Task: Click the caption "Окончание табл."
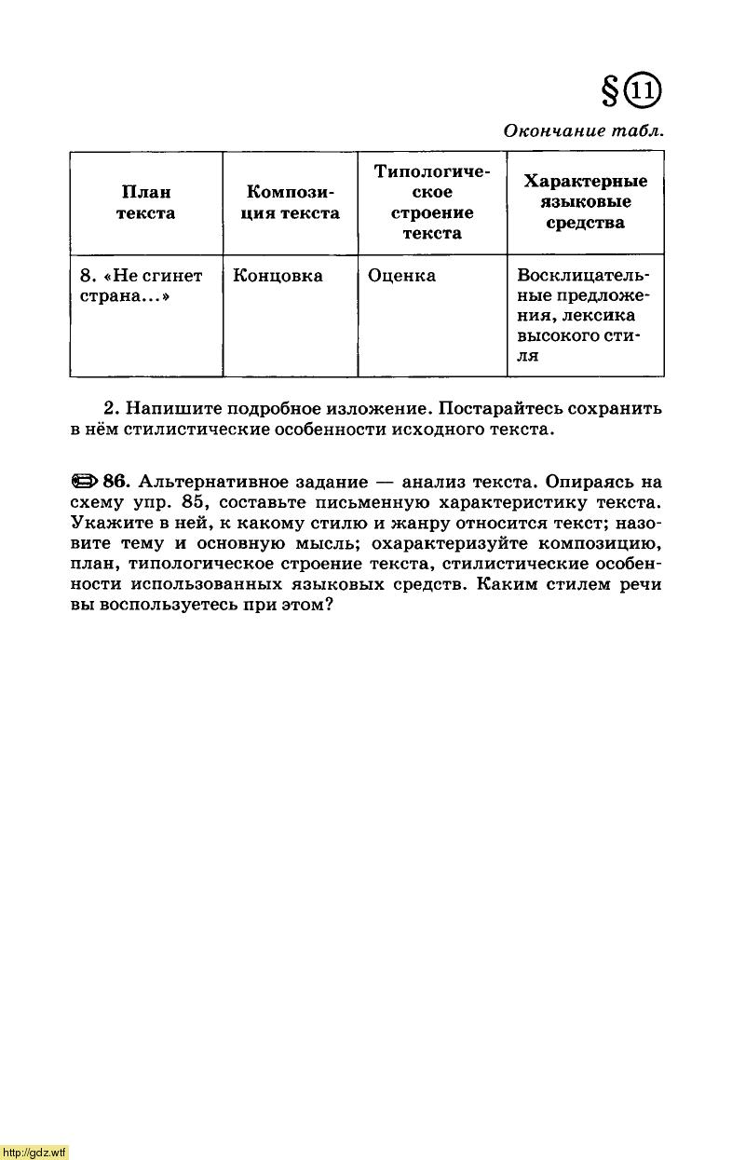[584, 131]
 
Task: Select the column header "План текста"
[146, 202]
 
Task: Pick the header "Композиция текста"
[291, 202]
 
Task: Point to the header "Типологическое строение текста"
[432, 202]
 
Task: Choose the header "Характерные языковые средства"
[585, 201]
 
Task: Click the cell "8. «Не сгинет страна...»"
[141, 285]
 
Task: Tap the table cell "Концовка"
[278, 276]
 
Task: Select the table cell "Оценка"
[401, 276]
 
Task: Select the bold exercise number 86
[115, 482]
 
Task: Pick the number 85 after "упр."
[195, 502]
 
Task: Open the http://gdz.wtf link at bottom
[34, 1153]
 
